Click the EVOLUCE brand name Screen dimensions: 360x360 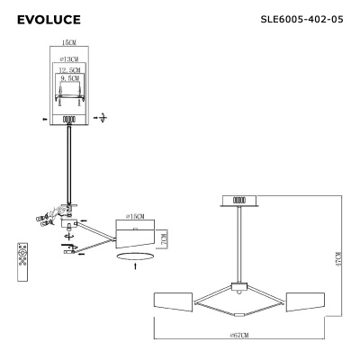click(49, 19)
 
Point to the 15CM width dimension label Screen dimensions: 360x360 click(67, 42)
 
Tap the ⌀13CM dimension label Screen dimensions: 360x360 click(67, 58)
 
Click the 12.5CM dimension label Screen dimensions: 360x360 click(68, 69)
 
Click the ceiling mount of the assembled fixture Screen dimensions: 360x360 click(238, 202)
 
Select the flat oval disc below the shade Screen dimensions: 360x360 click(135, 256)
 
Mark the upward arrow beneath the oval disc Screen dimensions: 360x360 click(135, 267)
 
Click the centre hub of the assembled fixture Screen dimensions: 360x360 click(238, 287)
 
